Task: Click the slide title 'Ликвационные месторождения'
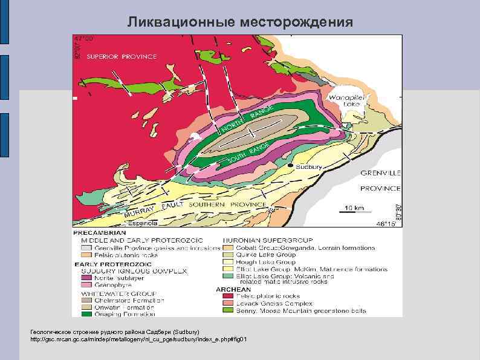click(x=239, y=22)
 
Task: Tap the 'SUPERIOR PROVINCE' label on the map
click(x=122, y=56)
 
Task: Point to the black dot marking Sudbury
click(x=291, y=166)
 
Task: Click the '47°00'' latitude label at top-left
click(x=83, y=38)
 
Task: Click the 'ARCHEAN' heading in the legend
click(x=233, y=289)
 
